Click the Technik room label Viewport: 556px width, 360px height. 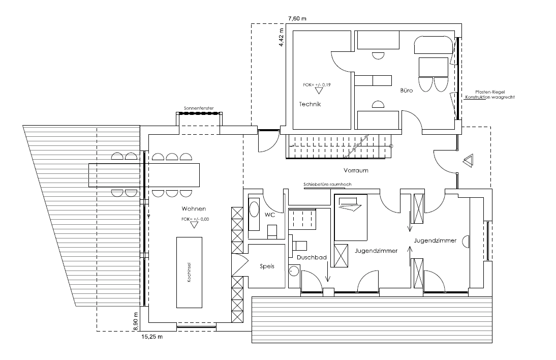tap(310, 104)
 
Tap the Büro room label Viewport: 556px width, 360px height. tap(407, 91)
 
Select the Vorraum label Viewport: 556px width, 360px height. tap(356, 170)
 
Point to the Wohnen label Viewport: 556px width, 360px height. tap(194, 208)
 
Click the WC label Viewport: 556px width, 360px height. tap(270, 215)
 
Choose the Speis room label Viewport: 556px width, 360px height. tap(267, 266)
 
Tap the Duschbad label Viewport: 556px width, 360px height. tap(312, 257)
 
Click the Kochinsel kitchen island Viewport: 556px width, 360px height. tap(190, 273)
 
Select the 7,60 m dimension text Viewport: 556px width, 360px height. tap(297, 18)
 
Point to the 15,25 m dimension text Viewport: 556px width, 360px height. tap(152, 337)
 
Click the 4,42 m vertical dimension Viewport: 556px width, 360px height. tap(282, 37)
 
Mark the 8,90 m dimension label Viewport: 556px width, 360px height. tap(136, 322)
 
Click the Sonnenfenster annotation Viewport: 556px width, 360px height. tap(199, 108)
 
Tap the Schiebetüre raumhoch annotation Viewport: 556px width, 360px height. tap(328, 185)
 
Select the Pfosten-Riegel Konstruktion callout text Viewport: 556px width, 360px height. tap(490, 95)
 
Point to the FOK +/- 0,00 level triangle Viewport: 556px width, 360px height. tap(194, 225)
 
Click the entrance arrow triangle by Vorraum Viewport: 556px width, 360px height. tap(468, 161)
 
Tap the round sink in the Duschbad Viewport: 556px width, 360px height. tap(294, 272)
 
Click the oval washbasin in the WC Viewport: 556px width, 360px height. tap(254, 209)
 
